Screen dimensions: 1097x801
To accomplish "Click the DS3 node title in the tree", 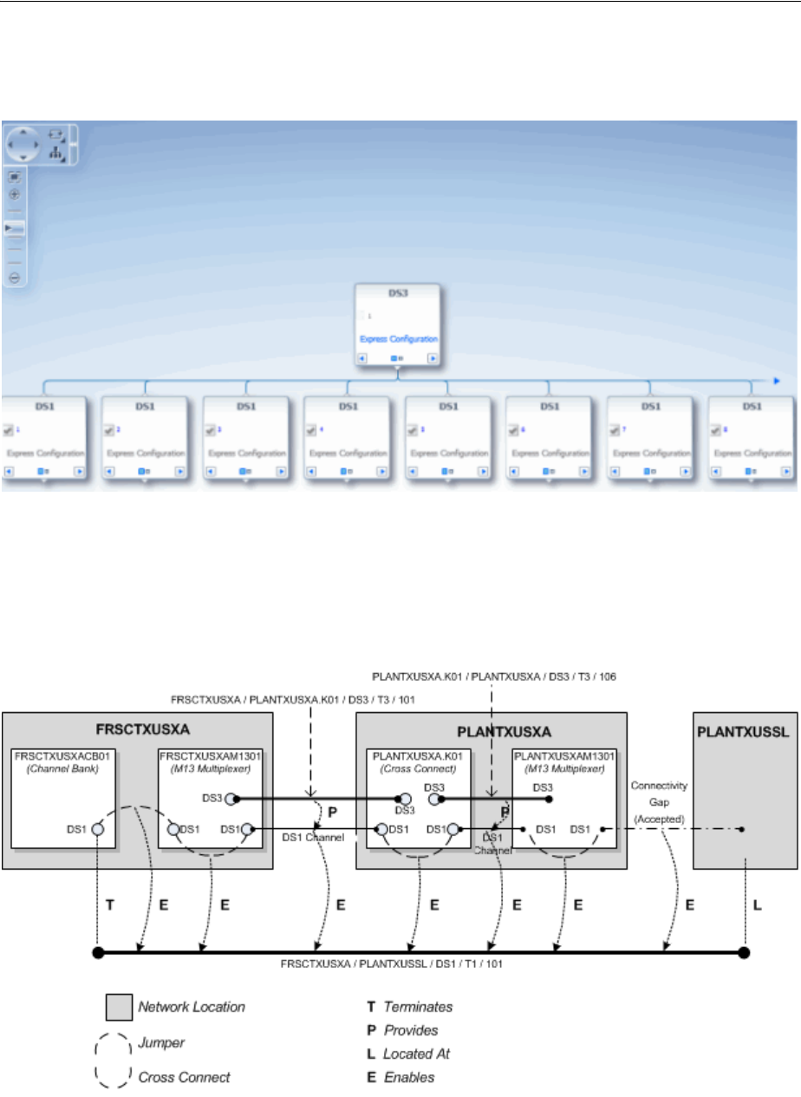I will pyautogui.click(x=397, y=293).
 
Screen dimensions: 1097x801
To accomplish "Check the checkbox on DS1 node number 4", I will pyautogui.click(x=310, y=429).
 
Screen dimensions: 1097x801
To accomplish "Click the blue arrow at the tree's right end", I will pyautogui.click(x=777, y=380).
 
